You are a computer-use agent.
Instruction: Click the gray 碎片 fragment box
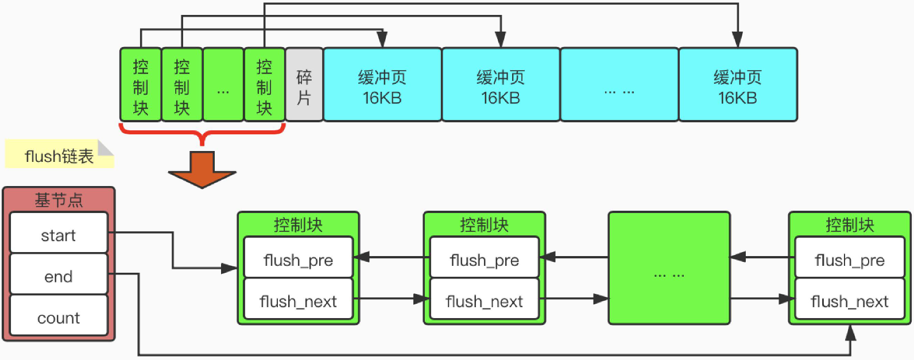304,85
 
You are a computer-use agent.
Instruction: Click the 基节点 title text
59,200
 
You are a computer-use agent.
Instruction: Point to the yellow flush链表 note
59,155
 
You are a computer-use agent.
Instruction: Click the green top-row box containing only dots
223,85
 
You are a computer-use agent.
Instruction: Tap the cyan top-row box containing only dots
619,85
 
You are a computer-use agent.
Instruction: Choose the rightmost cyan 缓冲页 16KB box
738,85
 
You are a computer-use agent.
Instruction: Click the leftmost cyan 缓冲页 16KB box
382,85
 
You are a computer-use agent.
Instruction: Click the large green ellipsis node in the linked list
669,268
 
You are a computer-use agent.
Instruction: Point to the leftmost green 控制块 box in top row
141,85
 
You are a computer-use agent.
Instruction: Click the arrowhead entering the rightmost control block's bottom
850,332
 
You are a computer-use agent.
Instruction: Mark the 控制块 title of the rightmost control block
850,224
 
